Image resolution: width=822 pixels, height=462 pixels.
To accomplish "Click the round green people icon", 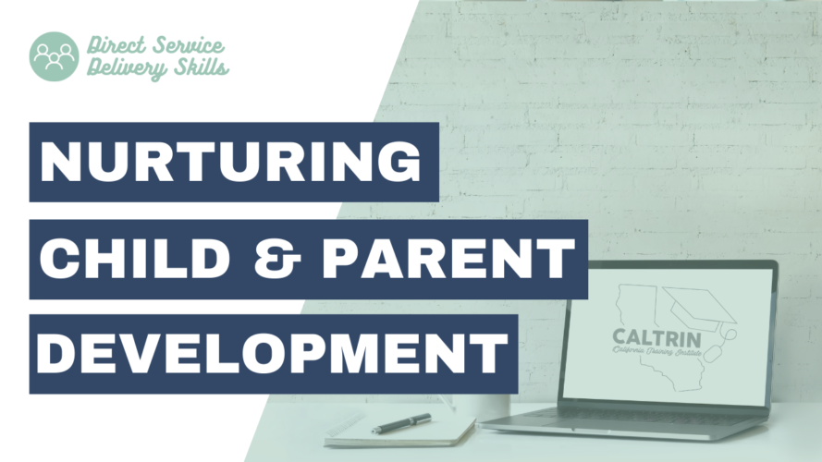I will [x=55, y=56].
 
